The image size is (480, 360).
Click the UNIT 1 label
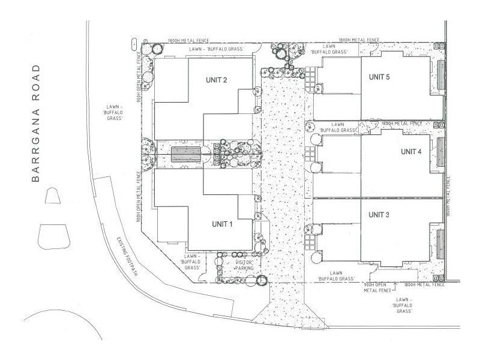(x=222, y=224)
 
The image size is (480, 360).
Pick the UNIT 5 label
(x=379, y=77)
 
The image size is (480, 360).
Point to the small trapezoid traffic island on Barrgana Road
(x=52, y=197)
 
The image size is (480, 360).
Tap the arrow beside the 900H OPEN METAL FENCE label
(x=373, y=278)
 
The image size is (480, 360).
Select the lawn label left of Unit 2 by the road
(x=113, y=112)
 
